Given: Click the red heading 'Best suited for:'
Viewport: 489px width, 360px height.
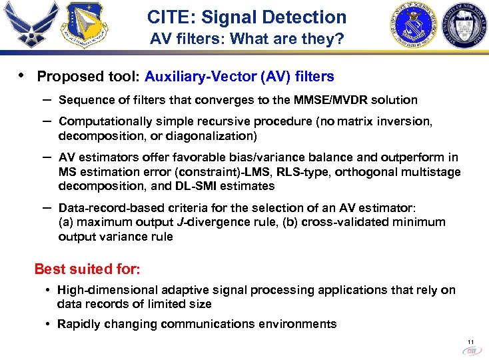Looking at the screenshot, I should (x=87, y=269).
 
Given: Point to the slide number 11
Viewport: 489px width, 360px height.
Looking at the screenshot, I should (x=470, y=341).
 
